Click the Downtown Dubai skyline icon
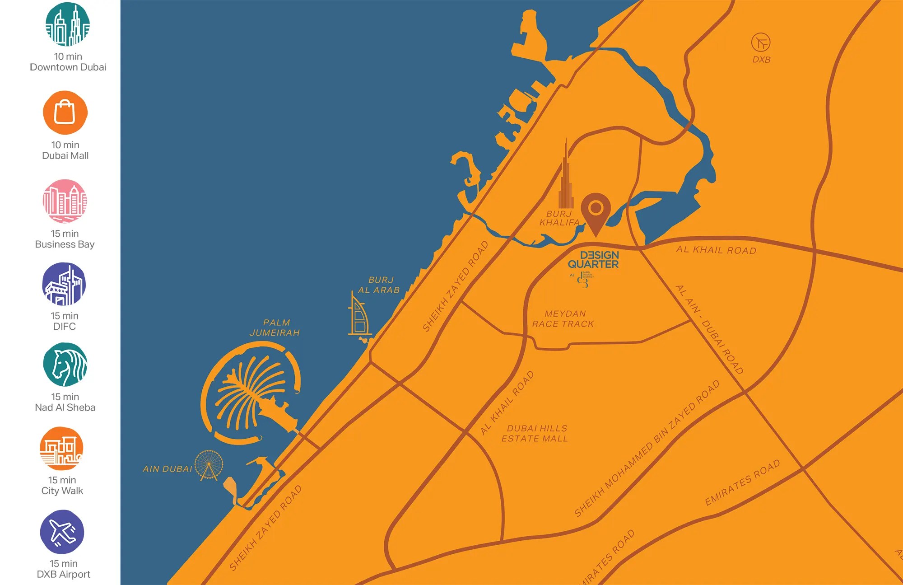(68, 24)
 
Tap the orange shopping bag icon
(65, 112)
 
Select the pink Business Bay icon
(65, 201)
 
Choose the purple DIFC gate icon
(64, 284)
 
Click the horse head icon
(65, 365)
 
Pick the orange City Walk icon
(62, 449)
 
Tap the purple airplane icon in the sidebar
(62, 532)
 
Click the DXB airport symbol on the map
(760, 42)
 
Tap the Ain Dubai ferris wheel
(209, 464)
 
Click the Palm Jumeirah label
(275, 328)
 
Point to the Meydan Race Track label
(563, 318)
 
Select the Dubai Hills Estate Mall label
(535, 433)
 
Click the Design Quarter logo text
(593, 260)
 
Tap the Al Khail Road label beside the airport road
(716, 250)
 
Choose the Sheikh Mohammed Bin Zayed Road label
(647, 449)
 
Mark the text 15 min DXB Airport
(64, 569)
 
